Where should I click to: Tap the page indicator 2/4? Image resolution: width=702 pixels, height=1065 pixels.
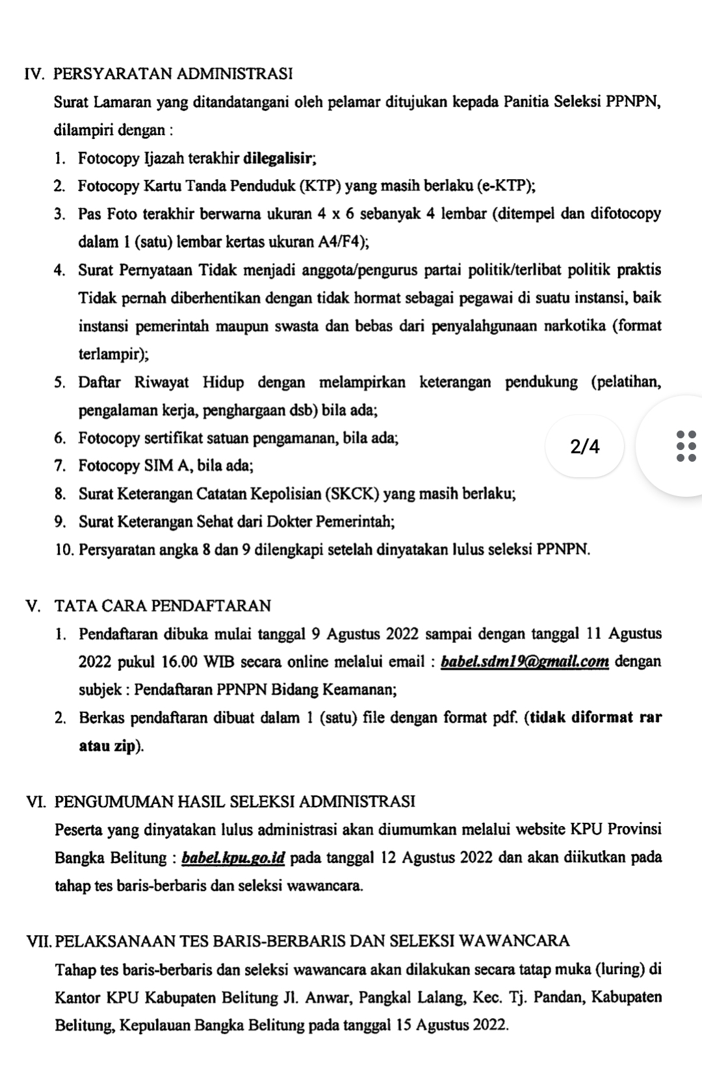point(585,447)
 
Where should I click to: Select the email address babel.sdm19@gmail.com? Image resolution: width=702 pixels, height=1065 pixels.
point(525,662)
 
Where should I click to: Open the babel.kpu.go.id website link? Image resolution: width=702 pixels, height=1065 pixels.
point(234,858)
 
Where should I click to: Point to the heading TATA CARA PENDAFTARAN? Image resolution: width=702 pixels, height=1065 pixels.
point(162,606)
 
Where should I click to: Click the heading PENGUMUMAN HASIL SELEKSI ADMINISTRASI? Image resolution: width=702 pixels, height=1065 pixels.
point(235,801)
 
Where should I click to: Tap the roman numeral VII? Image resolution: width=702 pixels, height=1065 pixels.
point(39,941)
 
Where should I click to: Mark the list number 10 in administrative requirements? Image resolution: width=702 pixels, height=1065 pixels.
point(64,550)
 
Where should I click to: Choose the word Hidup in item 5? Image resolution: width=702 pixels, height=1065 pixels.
point(223,382)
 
